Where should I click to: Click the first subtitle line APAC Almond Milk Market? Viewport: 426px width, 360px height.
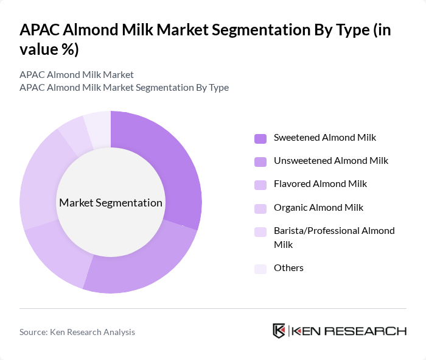77,74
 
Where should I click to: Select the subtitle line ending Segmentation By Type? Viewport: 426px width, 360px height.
124,87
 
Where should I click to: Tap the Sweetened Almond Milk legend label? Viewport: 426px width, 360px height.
324,138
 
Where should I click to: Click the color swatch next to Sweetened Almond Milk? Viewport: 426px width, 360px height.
260,138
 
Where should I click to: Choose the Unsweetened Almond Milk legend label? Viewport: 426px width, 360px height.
330,161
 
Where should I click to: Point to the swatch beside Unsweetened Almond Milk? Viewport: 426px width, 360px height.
260,161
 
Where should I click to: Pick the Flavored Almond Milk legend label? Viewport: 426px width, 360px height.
320,184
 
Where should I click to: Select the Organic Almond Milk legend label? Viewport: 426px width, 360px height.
318,207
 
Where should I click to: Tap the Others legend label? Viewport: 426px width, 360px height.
288,267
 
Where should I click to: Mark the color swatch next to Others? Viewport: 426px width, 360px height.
260,269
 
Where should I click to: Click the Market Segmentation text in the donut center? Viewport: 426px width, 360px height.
111,203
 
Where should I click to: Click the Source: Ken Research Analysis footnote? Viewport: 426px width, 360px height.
77,332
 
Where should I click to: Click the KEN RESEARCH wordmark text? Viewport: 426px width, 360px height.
349,331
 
